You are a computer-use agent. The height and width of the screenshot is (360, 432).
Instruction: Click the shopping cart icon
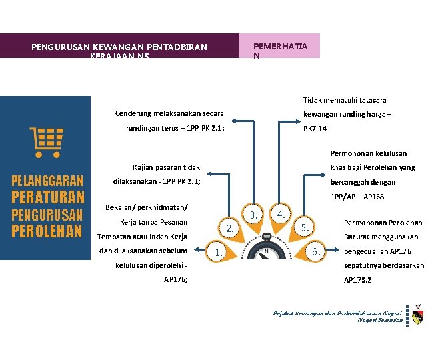(x=47, y=141)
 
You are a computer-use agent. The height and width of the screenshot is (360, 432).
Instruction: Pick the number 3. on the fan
(x=253, y=215)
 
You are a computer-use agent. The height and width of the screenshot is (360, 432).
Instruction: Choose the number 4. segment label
(x=281, y=215)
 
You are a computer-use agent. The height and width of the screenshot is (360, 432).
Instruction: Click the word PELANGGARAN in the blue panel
(x=47, y=181)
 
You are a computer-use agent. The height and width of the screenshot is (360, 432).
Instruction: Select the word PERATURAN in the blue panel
(x=47, y=197)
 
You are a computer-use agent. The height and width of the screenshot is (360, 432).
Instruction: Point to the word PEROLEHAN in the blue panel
(x=47, y=231)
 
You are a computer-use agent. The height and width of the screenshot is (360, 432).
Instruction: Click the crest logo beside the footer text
(x=417, y=315)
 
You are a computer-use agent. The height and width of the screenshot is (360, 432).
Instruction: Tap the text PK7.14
(x=315, y=127)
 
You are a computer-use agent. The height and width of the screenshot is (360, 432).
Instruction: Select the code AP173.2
(x=357, y=279)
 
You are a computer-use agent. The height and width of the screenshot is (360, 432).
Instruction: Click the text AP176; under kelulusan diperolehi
(x=176, y=279)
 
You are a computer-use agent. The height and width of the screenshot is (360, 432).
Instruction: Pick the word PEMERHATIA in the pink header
(x=280, y=47)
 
